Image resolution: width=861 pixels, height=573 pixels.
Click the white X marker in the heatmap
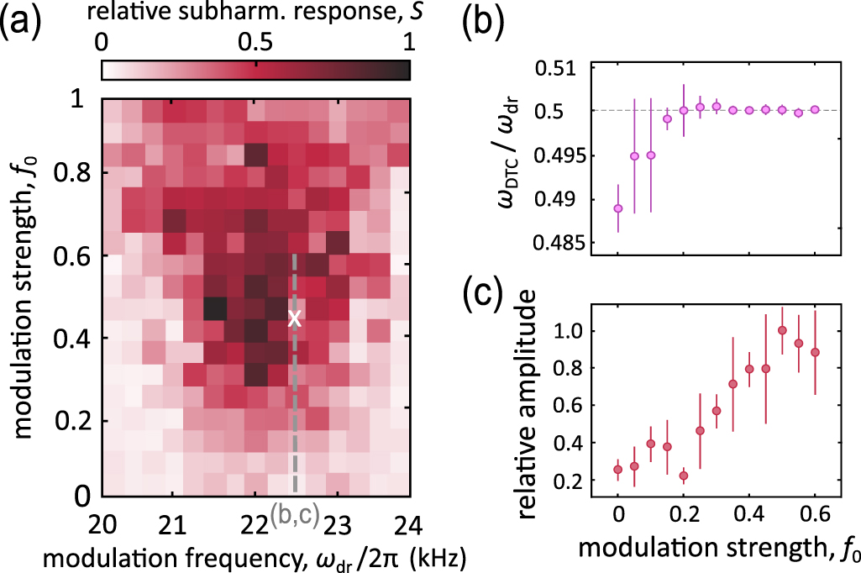[294, 318]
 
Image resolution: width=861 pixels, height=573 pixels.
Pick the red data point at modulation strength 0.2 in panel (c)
[684, 476]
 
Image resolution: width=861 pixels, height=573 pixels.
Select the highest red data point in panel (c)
[782, 330]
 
